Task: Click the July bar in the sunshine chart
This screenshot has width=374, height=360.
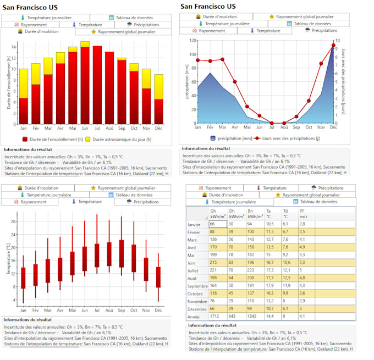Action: click(97, 85)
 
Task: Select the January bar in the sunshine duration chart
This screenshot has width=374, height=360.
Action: click(24, 110)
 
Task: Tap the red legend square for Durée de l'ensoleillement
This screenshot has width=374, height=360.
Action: click(25, 140)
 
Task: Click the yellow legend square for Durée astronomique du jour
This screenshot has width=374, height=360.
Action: click(87, 140)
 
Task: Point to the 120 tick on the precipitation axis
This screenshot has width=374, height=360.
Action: click(192, 41)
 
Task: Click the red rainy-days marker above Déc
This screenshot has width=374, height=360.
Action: click(333, 45)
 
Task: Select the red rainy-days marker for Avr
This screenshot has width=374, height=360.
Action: click(235, 82)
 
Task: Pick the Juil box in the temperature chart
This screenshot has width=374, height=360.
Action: click(97, 255)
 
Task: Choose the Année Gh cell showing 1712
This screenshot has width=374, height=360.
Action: click(215, 317)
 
